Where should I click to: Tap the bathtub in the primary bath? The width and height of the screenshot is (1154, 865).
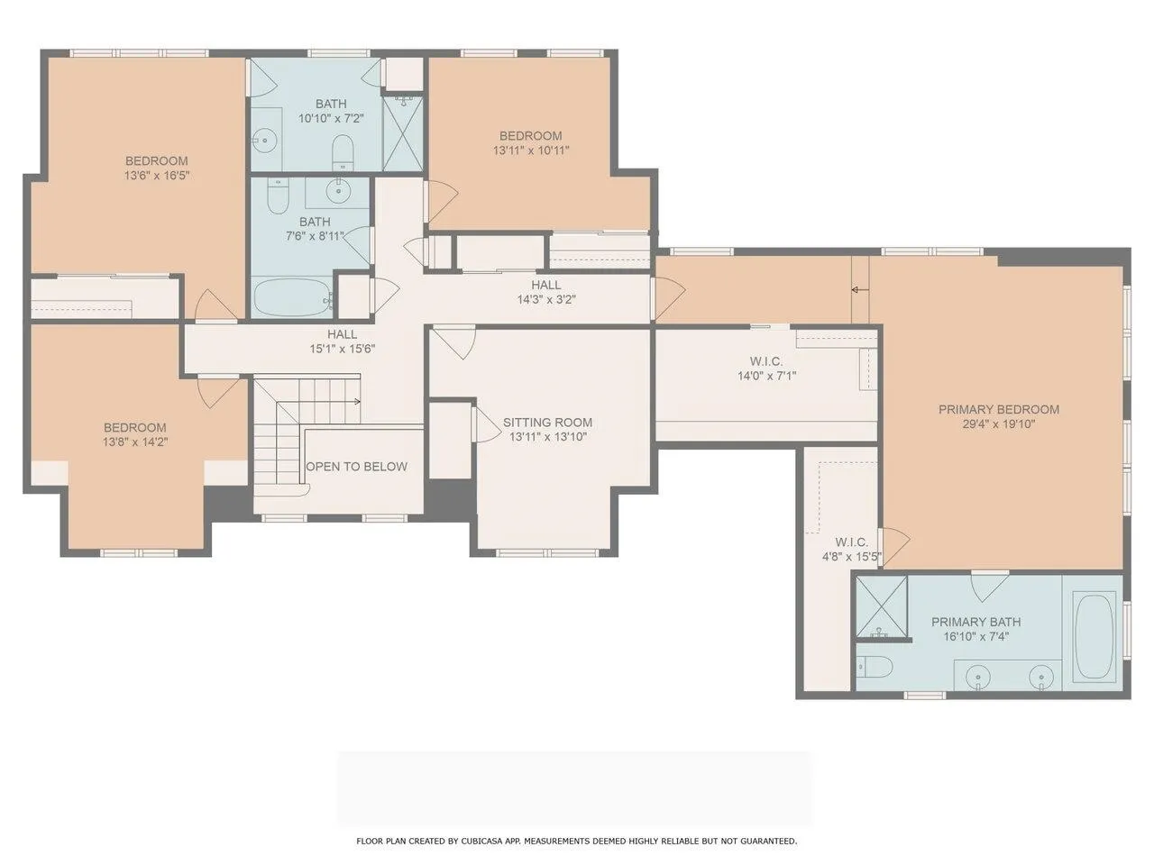1094,636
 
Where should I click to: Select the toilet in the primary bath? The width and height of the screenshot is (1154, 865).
875,668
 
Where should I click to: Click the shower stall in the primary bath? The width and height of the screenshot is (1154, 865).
881,608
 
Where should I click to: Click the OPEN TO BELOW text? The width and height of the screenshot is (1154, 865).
356,467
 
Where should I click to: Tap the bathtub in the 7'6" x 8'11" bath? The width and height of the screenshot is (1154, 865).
293,297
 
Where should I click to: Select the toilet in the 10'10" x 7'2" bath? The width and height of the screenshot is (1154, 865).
343,150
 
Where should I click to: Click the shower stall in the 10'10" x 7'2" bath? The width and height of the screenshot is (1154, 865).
403,132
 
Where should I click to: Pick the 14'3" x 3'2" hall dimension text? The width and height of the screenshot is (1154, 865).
546,299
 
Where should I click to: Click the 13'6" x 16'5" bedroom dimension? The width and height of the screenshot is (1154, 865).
157,176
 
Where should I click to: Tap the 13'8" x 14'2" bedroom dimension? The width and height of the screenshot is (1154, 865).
135,442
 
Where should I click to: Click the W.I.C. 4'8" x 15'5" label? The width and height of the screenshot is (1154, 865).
852,550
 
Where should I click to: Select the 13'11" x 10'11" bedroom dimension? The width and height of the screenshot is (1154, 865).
531,150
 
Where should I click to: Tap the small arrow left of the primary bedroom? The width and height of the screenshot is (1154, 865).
860,289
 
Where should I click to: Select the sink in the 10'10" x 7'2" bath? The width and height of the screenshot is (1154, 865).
265,141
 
